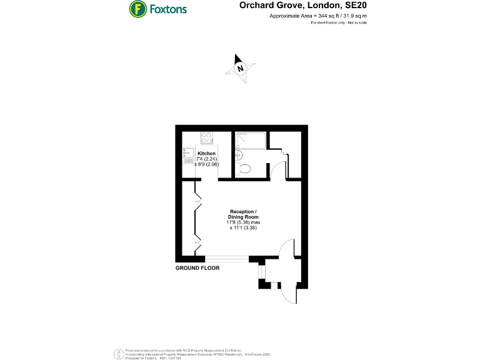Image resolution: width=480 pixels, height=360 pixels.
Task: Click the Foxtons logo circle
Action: point(137,9)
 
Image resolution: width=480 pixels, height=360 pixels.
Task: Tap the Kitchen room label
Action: point(206,153)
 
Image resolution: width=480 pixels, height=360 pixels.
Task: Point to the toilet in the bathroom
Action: point(245,167)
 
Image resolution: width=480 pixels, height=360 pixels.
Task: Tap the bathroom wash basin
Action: point(239,155)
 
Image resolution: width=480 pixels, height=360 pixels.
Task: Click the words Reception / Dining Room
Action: point(243,214)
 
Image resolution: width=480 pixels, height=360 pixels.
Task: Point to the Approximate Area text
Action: point(318,16)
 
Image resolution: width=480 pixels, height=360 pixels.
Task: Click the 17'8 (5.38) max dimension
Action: point(243,222)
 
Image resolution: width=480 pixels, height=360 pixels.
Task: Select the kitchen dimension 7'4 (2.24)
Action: point(206,159)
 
